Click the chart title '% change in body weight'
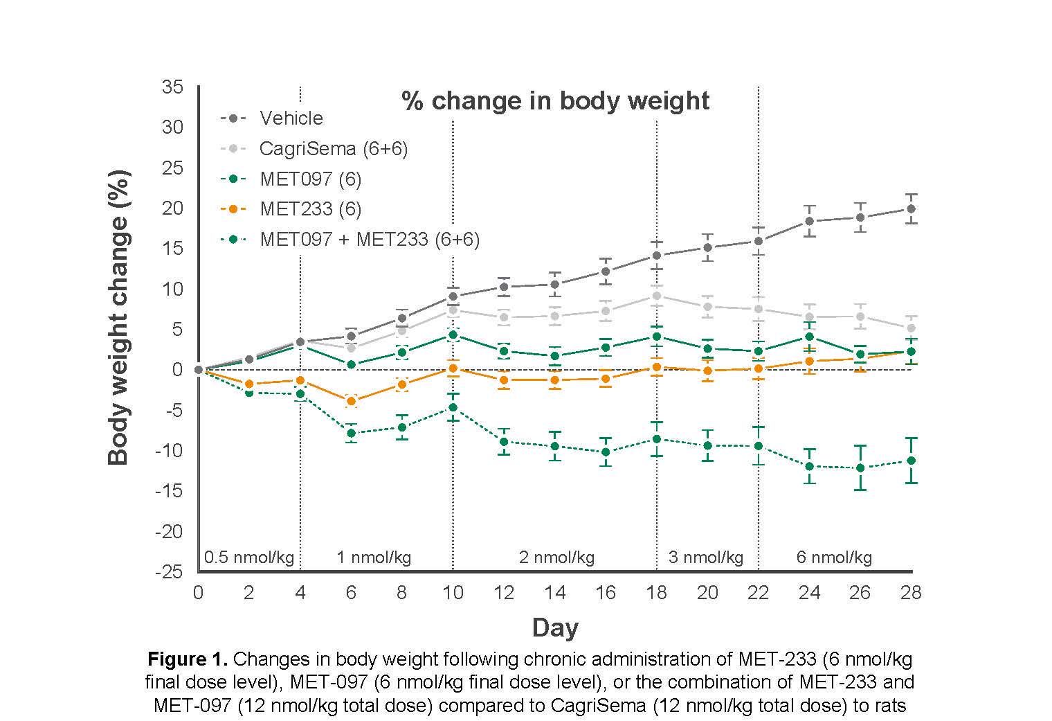pos(555,101)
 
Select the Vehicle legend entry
pos(291,118)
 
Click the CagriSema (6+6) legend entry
pos(333,149)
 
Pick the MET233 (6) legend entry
pos(310,209)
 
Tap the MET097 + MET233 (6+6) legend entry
pos(369,240)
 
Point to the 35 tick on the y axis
pos(172,87)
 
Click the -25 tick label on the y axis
pos(170,572)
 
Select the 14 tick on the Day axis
pos(555,593)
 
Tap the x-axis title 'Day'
pos(555,628)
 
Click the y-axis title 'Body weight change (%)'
pos(118,317)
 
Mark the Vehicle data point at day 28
pos(911,208)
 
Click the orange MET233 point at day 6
pos(351,401)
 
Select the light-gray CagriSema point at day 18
pos(656,296)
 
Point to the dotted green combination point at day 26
pos(860,468)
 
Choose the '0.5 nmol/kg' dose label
pos(249,558)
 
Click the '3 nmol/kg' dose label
pos(705,558)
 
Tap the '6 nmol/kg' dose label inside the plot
pos(834,558)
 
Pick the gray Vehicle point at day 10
pos(453,296)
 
